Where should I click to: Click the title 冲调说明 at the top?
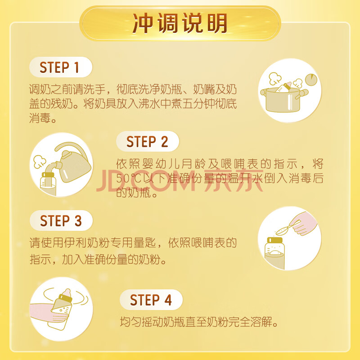180,23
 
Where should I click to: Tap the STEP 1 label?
59,67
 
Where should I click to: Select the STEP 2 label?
147,141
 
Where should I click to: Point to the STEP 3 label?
61,220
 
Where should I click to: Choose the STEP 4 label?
151,300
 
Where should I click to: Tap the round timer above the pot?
311,80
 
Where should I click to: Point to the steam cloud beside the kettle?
40,162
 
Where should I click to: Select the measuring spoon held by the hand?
288,228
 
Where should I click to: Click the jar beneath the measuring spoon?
274,253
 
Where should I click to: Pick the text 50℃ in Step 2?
129,178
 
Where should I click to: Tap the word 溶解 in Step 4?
261,322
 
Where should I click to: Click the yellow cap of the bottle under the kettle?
48,175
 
